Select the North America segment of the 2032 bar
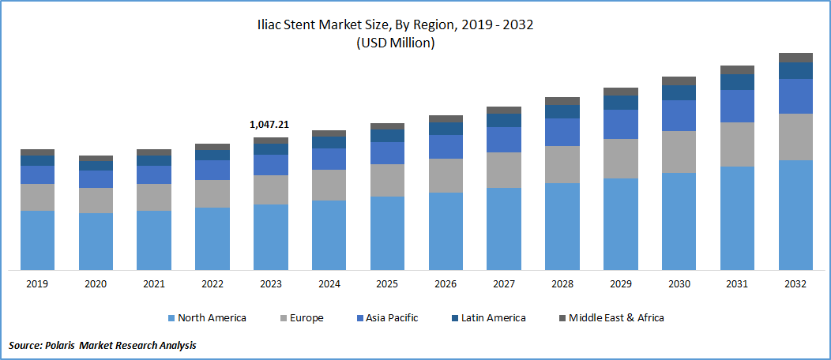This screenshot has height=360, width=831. point(795,215)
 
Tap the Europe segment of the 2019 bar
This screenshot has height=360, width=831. point(37,197)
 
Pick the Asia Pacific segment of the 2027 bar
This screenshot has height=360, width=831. point(504,140)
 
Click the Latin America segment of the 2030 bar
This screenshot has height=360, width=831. point(679,92)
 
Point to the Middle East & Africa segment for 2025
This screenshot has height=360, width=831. point(387,126)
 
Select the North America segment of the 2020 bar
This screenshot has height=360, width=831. point(96,241)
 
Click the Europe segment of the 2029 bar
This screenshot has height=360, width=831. point(620,159)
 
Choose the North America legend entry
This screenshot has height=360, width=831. point(207,317)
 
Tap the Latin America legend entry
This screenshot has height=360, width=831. point(487,317)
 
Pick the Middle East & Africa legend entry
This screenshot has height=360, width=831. point(611,317)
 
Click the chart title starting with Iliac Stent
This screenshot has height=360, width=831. point(415,24)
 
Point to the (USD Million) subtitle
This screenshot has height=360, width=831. point(415,43)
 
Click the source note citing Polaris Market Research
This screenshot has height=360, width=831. point(103,345)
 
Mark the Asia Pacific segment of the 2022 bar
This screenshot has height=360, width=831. point(212,171)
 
